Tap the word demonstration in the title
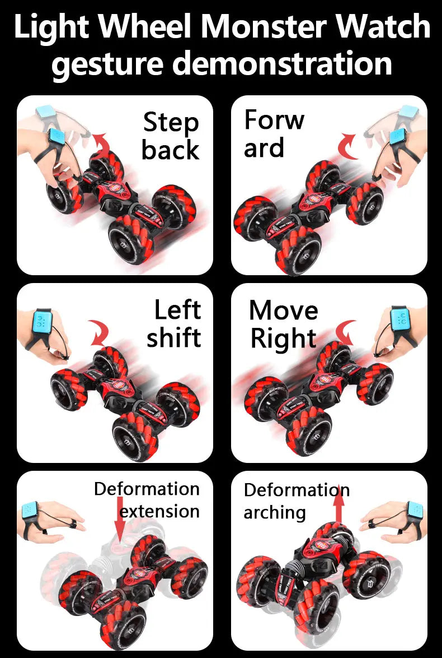[x=281, y=63]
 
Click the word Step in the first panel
[x=171, y=123]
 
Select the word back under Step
[x=170, y=150]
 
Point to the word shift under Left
[x=173, y=337]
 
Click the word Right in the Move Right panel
[x=283, y=339]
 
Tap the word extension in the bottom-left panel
[x=159, y=511]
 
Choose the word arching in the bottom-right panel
[x=275, y=512]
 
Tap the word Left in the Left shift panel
[x=177, y=310]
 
